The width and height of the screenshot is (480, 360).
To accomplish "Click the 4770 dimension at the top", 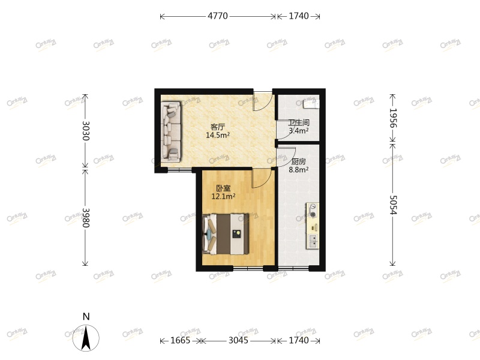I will click(218, 16).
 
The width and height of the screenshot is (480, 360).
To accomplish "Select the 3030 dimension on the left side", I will click(86, 131).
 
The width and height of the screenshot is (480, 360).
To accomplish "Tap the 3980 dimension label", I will click(86, 218).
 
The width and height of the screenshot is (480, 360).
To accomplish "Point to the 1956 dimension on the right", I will click(393, 118).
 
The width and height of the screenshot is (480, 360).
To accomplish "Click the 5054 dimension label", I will click(393, 205).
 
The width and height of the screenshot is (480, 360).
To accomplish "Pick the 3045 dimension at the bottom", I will click(238, 341).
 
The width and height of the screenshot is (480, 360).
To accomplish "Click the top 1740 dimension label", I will click(298, 16).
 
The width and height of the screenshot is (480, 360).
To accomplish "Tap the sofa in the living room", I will click(171, 132).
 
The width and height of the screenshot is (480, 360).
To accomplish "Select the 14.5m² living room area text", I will click(217, 136).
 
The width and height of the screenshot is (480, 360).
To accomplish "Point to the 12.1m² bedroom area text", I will click(223, 196).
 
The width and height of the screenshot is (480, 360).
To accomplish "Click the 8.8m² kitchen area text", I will click(298, 170).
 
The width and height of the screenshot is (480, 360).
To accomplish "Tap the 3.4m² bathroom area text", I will click(298, 130).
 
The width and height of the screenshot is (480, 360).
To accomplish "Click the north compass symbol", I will click(86, 337).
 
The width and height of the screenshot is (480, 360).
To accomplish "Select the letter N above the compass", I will click(86, 316).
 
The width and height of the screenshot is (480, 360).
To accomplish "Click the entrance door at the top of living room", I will click(262, 101).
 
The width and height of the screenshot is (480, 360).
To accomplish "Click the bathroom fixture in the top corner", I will click(311, 103).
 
